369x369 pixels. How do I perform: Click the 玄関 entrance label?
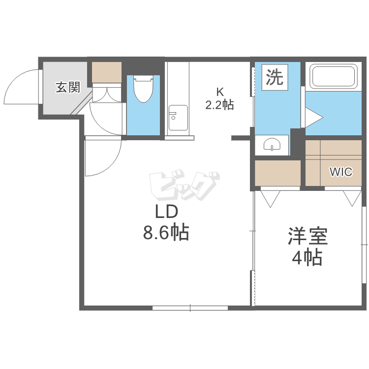67,88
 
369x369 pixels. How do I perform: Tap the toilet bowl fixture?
143,89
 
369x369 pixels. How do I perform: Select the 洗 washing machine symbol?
275,77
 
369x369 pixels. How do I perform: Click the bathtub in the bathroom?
334,76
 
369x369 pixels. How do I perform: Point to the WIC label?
340,172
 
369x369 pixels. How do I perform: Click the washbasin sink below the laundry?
272,144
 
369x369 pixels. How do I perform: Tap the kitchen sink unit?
178,118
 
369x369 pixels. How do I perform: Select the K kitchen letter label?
220,92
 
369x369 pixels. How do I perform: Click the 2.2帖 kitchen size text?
219,104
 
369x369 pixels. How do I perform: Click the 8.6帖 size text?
166,232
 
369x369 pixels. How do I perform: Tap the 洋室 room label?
307,237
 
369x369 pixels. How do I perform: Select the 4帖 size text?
307,257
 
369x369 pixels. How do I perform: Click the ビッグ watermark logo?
183,184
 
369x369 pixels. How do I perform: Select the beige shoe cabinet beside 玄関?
107,72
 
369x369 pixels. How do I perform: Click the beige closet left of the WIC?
277,173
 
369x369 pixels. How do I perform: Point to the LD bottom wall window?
190,308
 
